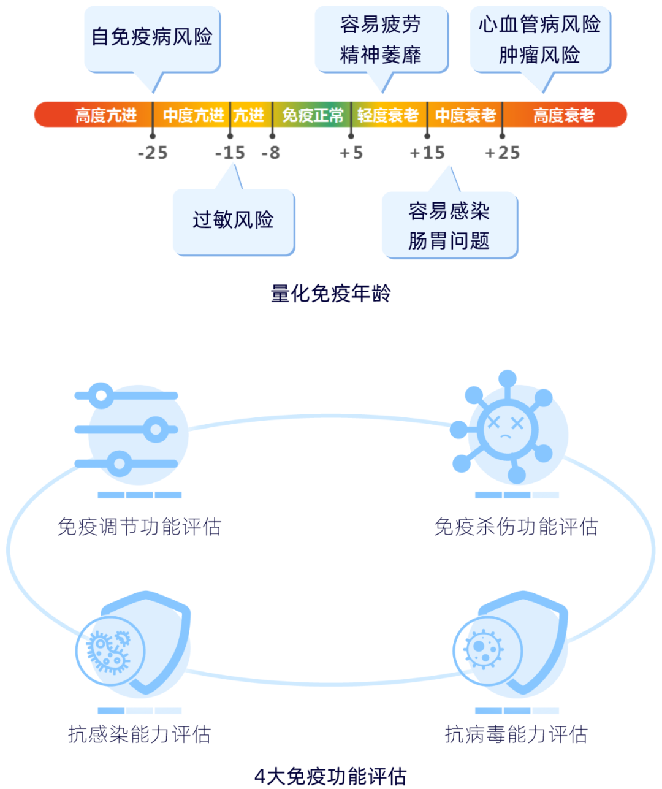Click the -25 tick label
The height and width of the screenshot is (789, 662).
point(153,153)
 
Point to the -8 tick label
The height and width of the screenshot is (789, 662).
point(270,153)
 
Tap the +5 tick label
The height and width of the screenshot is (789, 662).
point(351,153)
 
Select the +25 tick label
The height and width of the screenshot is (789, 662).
point(502,153)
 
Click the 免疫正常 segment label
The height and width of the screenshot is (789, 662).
point(313,115)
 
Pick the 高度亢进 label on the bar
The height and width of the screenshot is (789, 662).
point(106,115)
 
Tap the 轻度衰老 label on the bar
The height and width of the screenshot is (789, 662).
point(388,115)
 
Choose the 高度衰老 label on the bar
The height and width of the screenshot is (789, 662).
point(564,115)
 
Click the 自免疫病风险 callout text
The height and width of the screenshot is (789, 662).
point(152,37)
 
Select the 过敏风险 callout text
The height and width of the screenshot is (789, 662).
point(233,219)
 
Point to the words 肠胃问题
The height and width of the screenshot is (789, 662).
point(449,241)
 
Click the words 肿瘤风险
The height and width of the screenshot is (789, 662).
point(539,55)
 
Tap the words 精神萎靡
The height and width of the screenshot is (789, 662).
point(381,55)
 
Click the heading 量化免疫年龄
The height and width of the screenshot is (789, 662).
point(330,294)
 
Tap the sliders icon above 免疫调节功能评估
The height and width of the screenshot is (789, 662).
point(126,430)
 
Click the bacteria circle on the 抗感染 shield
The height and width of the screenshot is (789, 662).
point(110,650)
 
